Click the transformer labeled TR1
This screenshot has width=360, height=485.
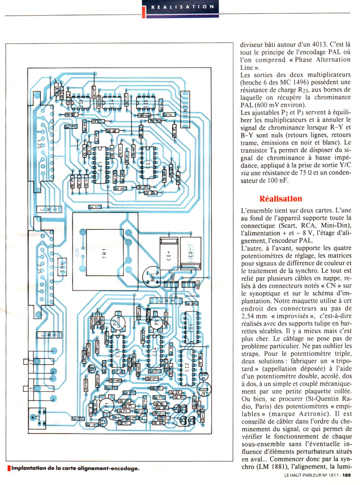(104, 253)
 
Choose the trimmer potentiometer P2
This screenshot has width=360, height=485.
(117, 322)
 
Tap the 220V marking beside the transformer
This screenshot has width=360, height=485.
(77, 252)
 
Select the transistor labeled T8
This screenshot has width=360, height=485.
(92, 368)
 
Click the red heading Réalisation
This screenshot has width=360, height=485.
(281, 199)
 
